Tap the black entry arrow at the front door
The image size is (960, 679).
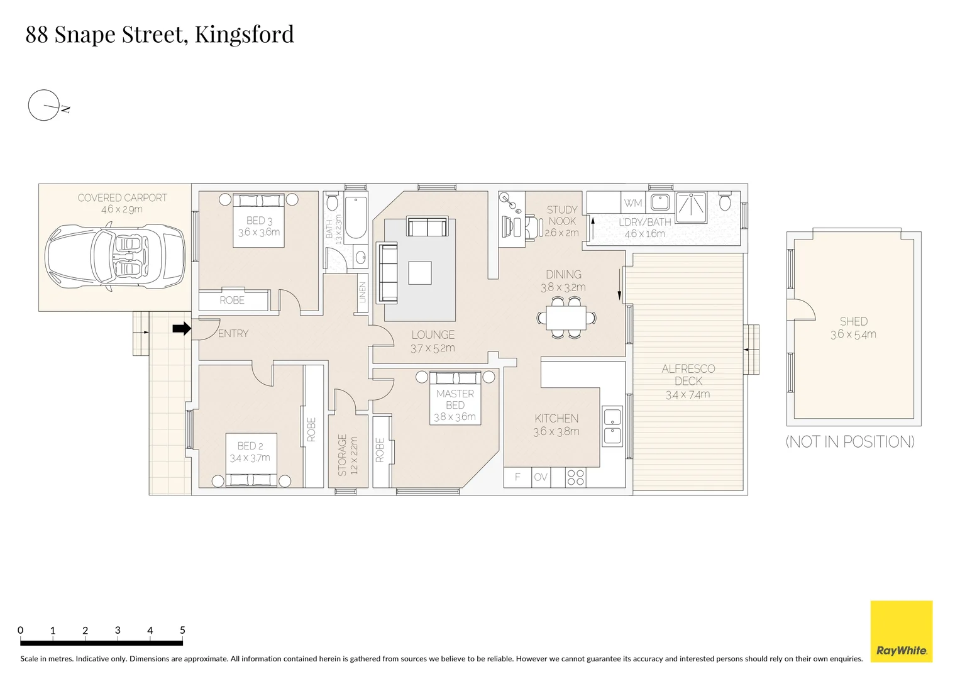(x=182, y=328)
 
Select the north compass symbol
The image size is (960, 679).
(x=44, y=105)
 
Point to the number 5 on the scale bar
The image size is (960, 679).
(x=182, y=630)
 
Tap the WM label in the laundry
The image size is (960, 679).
(x=633, y=203)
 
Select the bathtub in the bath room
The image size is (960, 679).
(x=356, y=218)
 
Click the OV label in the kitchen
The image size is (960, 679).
(x=540, y=477)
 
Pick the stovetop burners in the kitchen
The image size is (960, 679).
(x=575, y=477)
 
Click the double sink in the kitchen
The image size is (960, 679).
(x=612, y=426)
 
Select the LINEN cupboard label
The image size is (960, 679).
(x=362, y=292)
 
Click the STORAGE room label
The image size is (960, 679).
(x=343, y=455)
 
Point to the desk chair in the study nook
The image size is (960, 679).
(x=531, y=226)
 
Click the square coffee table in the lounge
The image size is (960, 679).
(x=420, y=273)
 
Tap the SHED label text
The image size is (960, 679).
(x=853, y=321)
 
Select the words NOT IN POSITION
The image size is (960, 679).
(x=850, y=442)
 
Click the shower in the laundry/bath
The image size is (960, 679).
(x=691, y=204)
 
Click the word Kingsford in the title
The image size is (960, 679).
(x=244, y=34)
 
